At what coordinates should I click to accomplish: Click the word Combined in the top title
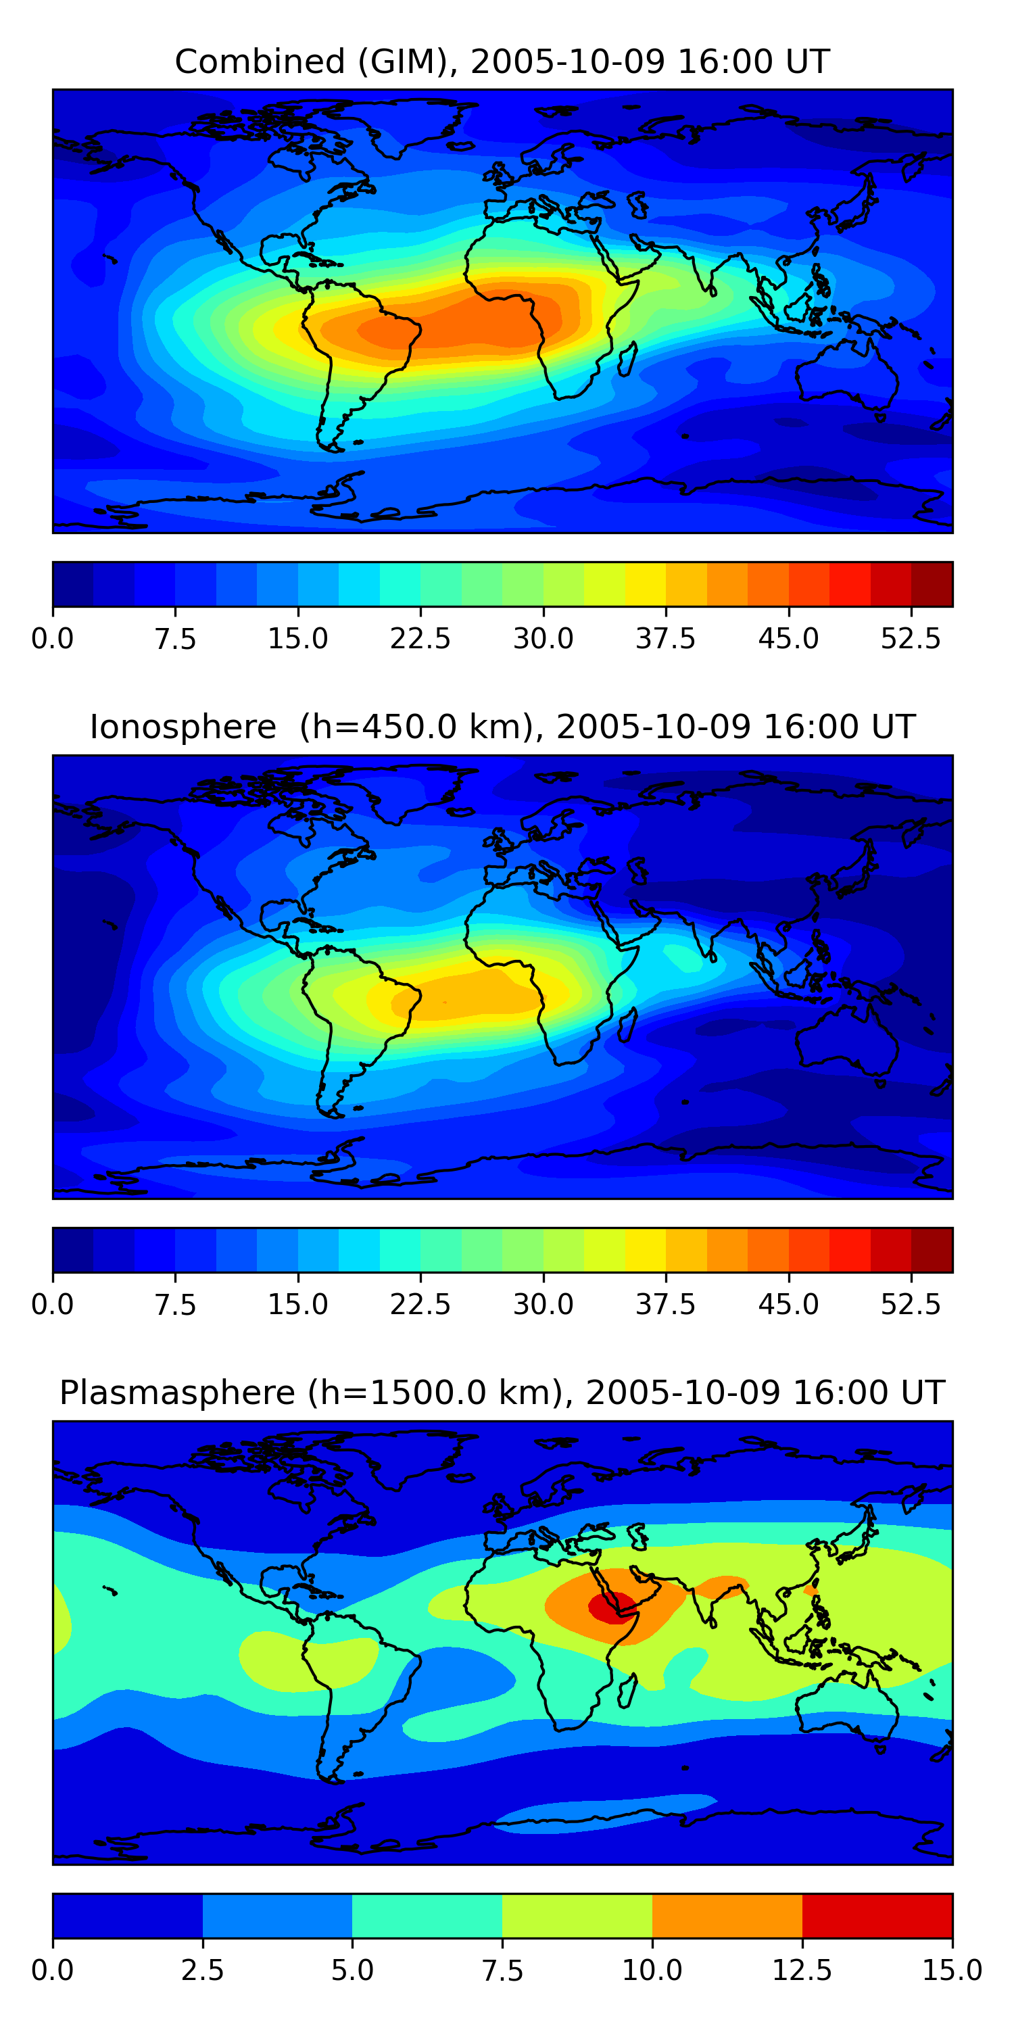pos(260,62)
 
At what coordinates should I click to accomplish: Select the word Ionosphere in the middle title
pos(183,727)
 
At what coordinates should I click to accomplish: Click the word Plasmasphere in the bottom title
pos(177,1393)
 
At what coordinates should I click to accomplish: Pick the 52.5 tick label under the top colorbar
pos(910,638)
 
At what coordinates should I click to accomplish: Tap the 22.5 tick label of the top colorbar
pos(420,638)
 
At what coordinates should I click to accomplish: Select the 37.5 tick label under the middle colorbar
pos(665,1305)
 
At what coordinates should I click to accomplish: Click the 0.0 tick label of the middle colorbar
pos(53,1305)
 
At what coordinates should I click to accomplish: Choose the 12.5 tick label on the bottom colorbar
pos(802,1971)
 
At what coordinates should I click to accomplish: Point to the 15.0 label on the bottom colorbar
pos(952,1971)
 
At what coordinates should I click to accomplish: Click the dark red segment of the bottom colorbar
pos(877,1915)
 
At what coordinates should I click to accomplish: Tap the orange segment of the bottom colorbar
pos(727,1915)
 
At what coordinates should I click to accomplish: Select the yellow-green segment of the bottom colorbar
pos(577,1915)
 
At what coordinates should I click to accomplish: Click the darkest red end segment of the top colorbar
pos(932,584)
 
